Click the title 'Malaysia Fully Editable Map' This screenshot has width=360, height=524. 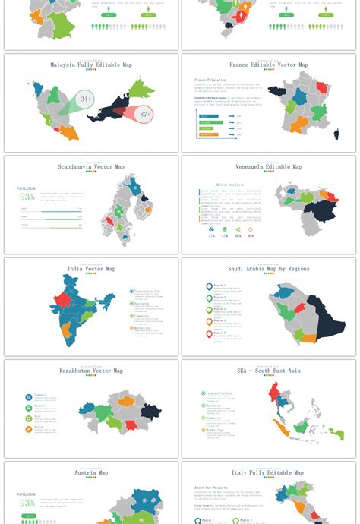[91, 65]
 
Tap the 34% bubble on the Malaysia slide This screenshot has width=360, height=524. [85, 99]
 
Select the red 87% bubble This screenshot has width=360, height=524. [144, 115]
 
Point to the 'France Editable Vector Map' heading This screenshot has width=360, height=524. [269, 65]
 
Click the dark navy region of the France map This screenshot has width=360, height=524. [277, 93]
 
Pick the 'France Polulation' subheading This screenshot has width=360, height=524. [210, 80]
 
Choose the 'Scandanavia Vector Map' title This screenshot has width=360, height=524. [91, 166]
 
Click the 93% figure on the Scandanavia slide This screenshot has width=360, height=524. [27, 197]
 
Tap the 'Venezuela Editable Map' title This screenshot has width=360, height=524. [269, 166]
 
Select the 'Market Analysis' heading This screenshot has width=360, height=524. [230, 185]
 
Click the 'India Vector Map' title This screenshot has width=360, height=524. [91, 269]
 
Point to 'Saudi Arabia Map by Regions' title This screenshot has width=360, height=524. [269, 269]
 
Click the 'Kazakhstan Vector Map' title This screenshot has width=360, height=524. [91, 371]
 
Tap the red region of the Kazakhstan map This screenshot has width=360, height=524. [131, 425]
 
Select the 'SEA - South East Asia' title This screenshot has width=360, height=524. [269, 371]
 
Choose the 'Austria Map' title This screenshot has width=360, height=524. [91, 472]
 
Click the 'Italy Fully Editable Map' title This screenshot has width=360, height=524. [269, 472]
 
